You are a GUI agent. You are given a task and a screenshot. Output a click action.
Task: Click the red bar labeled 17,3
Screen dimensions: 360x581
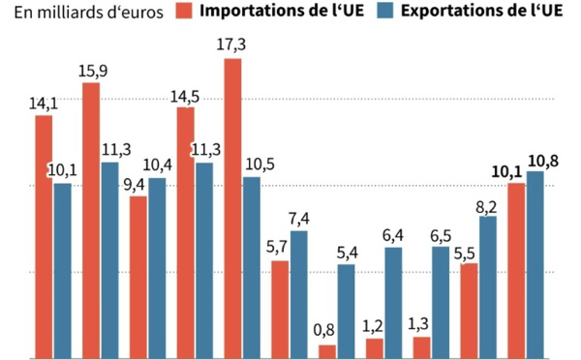click(x=232, y=208)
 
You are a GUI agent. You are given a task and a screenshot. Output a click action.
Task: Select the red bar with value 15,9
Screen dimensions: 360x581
click(x=91, y=221)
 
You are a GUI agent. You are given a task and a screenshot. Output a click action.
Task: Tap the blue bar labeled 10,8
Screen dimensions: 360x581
click(x=535, y=264)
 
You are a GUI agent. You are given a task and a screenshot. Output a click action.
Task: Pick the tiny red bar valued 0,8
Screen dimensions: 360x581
click(x=327, y=351)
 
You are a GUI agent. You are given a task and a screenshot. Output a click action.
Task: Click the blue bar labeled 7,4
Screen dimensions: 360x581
click(x=299, y=294)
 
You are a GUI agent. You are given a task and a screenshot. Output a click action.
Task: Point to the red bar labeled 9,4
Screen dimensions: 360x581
click(x=138, y=277)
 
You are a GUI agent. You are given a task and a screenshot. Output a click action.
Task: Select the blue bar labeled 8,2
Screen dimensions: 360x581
click(x=488, y=286)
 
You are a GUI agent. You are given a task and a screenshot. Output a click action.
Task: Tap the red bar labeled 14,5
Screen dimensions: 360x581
click(x=185, y=232)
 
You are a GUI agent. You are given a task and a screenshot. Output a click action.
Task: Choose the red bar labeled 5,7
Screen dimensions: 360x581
click(x=280, y=309)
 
